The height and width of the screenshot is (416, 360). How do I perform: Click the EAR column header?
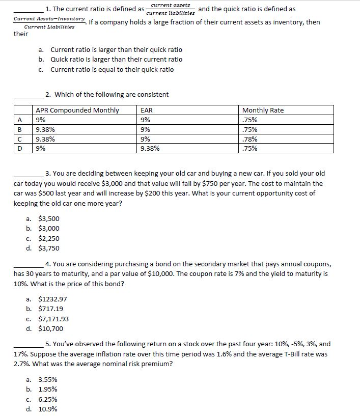click(146, 110)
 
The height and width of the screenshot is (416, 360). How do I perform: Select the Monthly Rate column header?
click(263, 110)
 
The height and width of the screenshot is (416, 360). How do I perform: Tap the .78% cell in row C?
click(250, 139)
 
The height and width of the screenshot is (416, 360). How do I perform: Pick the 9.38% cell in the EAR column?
click(150, 149)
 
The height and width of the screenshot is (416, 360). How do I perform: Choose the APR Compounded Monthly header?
click(77, 110)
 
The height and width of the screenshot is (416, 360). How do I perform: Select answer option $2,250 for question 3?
click(49, 238)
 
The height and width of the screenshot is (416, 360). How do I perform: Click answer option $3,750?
click(49, 248)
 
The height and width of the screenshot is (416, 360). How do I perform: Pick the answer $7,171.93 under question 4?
click(53, 319)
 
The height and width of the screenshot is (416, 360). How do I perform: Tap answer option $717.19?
click(51, 309)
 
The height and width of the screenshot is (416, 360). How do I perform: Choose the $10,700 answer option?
click(51, 328)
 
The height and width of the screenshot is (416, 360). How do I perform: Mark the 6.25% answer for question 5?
click(48, 399)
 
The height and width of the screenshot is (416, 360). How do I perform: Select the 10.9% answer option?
click(48, 409)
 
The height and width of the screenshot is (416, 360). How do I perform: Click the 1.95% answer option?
click(48, 390)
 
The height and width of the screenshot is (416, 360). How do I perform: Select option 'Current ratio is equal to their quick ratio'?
click(112, 69)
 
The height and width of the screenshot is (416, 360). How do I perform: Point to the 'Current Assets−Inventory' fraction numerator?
click(49, 19)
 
